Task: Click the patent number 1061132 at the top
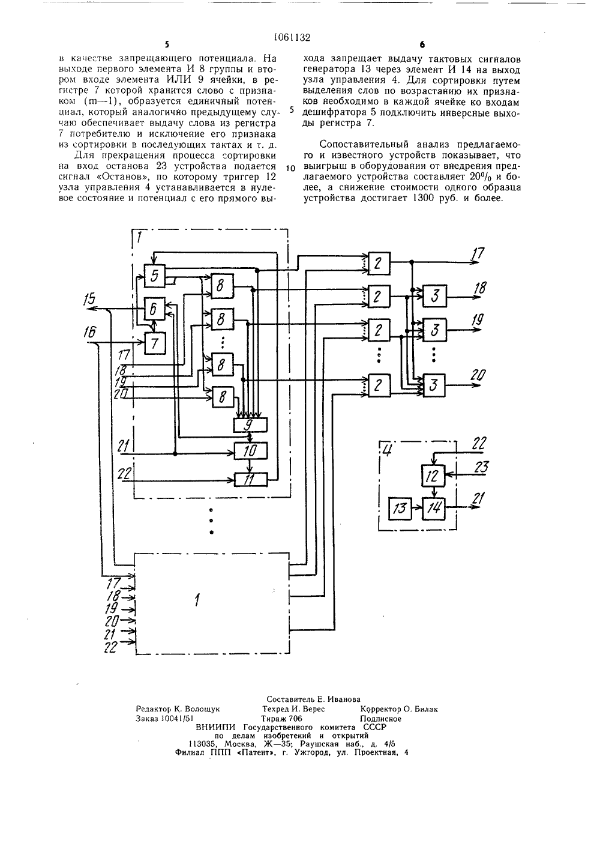tap(292, 37)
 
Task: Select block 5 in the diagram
tap(155, 276)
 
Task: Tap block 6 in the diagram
tap(155, 309)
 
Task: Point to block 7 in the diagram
tap(155, 343)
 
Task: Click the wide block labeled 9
tap(250, 425)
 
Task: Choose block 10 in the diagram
tap(250, 451)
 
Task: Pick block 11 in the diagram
tap(250, 480)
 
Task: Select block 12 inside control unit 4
tap(434, 476)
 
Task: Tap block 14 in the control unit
tap(434, 508)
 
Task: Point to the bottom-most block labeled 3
tap(434, 385)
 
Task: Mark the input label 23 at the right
tap(481, 467)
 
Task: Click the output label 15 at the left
tap(89, 300)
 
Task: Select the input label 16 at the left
tap(89, 333)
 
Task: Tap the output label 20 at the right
tap(478, 375)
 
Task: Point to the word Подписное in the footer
tap(380, 719)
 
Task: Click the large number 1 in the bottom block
tap(197, 600)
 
